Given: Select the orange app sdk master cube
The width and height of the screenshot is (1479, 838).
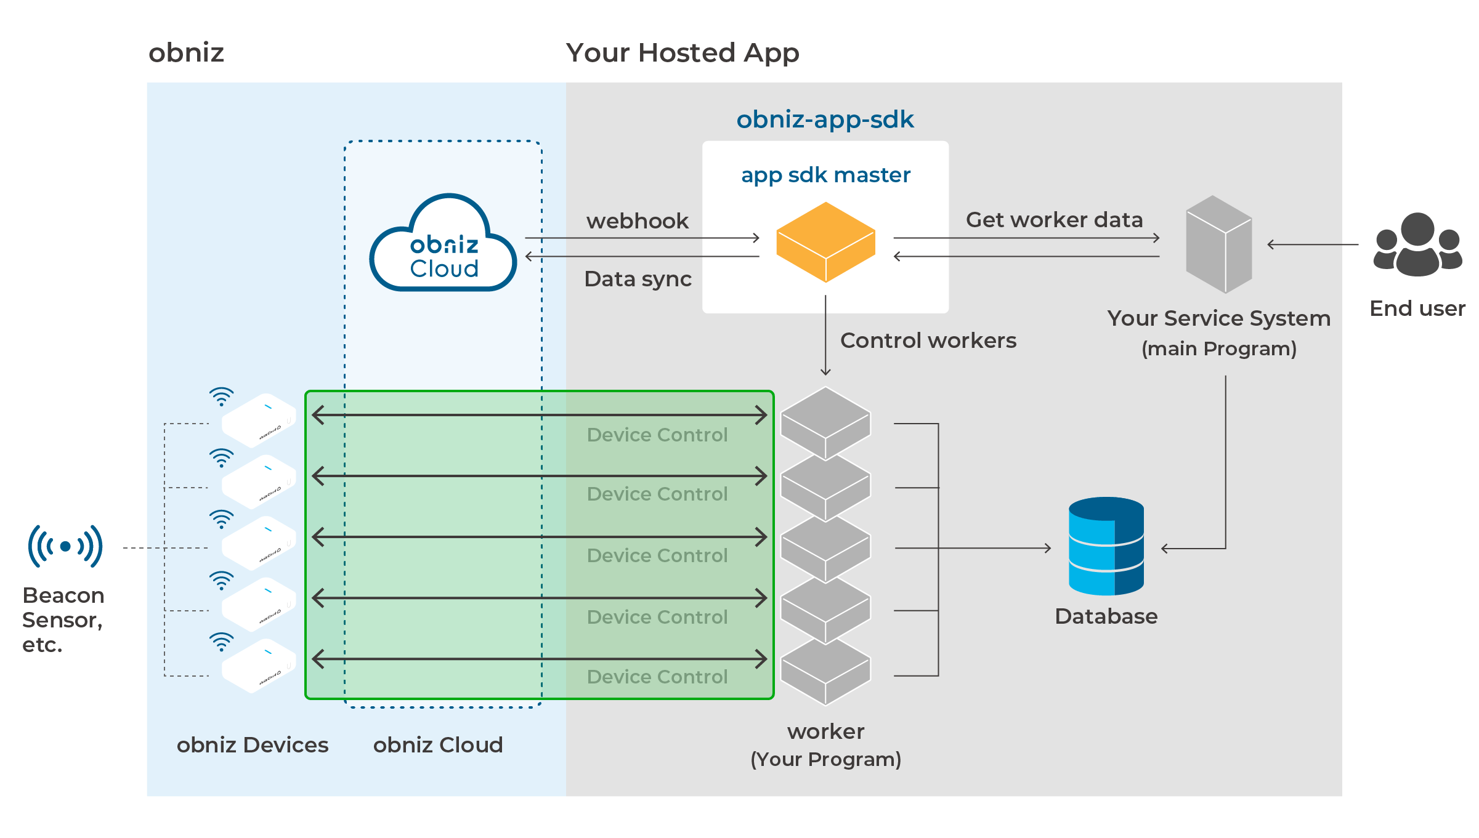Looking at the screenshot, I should tap(825, 242).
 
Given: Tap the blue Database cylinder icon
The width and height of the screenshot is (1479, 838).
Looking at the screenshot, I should tap(1106, 546).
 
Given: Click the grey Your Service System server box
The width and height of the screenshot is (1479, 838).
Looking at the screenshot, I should tap(1219, 244).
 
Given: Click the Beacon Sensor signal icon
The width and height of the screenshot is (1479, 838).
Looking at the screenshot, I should tap(65, 546).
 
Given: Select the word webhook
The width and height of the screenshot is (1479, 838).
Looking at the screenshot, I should tap(638, 221).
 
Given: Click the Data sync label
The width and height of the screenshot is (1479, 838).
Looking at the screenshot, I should tap(638, 279).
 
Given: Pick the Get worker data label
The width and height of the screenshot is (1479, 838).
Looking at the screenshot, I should tap(1054, 220).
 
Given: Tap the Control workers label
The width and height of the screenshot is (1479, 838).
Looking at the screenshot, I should tap(928, 340).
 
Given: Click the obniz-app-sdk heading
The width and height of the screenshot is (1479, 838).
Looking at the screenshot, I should tap(825, 119).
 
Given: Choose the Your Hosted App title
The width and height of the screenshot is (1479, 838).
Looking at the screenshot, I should tap(683, 53).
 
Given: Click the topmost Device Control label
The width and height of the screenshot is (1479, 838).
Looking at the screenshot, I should tap(657, 435).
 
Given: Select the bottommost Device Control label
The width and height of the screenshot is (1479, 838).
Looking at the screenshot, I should tap(657, 677).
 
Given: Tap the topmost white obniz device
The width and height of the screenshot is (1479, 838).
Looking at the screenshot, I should tap(259, 420).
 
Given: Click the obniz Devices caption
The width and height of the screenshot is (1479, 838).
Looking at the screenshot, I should tap(253, 745).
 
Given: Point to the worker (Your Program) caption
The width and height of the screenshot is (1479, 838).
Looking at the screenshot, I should tap(825, 745).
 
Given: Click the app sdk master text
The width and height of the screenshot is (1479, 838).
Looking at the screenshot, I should tap(825, 175).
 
